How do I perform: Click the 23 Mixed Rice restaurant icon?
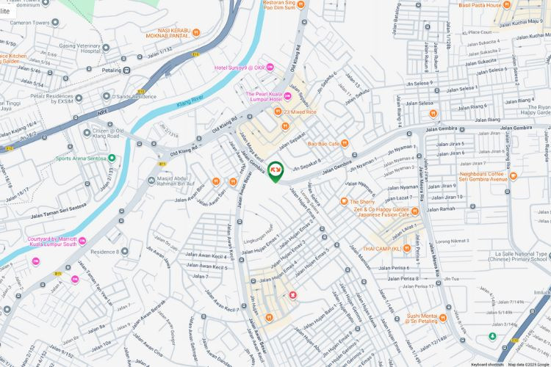point(278,112)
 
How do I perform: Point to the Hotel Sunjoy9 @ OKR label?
point(239,68)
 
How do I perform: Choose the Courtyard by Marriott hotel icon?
point(82,241)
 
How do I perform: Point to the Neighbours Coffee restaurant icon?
point(514,176)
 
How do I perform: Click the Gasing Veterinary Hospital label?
point(79,48)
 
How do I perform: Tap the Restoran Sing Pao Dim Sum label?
point(264,5)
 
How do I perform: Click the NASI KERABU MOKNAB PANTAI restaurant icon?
point(196,32)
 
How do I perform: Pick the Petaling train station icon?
point(127,70)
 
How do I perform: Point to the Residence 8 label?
point(104,252)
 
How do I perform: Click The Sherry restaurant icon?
point(343,201)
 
